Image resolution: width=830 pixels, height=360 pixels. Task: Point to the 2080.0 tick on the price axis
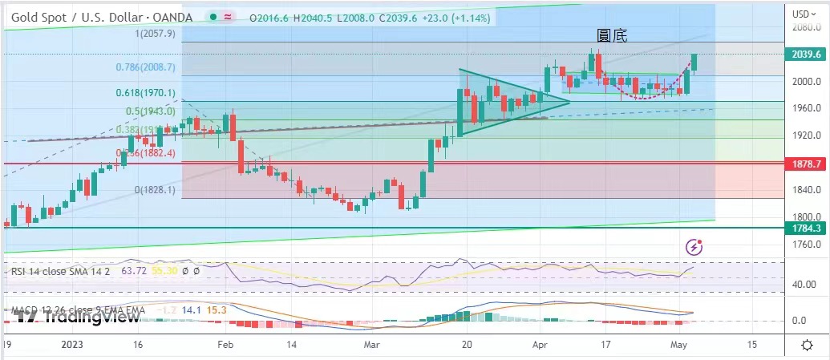(806, 28)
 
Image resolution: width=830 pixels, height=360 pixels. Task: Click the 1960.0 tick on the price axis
(806, 108)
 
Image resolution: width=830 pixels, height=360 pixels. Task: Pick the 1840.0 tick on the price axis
(806, 190)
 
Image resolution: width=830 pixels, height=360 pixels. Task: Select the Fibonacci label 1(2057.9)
(156, 34)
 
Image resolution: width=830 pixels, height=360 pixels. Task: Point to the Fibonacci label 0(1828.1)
(152, 190)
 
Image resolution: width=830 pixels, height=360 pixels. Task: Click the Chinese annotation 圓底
(612, 35)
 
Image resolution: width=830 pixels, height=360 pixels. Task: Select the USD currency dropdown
(804, 14)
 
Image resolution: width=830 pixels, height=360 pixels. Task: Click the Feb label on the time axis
(225, 344)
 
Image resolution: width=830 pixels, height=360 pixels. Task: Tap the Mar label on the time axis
(371, 344)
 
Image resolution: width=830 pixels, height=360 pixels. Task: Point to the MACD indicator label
(76, 310)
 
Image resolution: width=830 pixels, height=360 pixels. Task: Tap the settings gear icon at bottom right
(807, 344)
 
